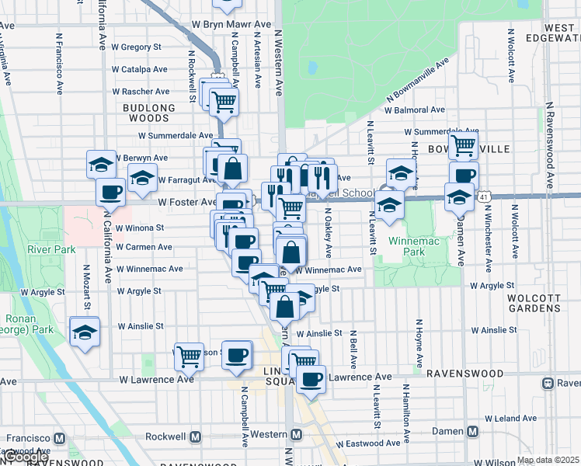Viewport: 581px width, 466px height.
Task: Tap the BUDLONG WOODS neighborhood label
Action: [x=145, y=113]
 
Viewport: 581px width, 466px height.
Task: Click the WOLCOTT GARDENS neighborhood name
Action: [x=534, y=303]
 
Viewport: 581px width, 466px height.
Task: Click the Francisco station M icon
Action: [x=58, y=436]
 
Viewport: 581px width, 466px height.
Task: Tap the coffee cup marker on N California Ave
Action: [x=110, y=192]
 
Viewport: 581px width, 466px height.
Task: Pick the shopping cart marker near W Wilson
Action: [x=189, y=356]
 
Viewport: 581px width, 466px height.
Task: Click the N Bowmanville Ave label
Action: [x=412, y=86]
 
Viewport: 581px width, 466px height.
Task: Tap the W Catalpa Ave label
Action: [x=140, y=69]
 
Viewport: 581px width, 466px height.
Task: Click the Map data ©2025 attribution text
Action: [x=547, y=460]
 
